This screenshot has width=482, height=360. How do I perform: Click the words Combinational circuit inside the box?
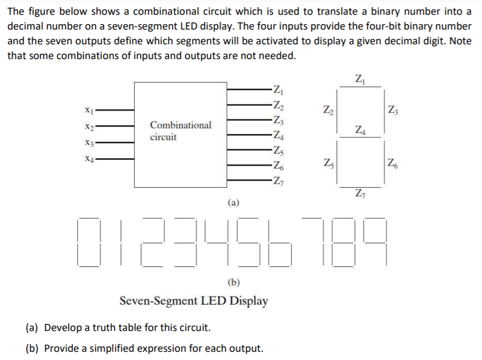180,131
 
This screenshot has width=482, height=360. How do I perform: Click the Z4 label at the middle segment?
359,130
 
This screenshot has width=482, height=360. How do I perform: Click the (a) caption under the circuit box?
233,202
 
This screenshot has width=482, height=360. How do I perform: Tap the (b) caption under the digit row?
233,282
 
